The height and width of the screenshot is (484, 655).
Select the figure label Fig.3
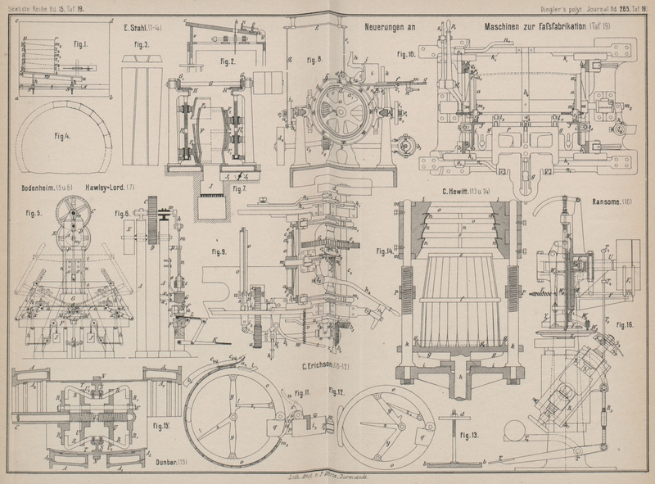(141, 45)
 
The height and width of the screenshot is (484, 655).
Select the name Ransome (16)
(612, 201)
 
